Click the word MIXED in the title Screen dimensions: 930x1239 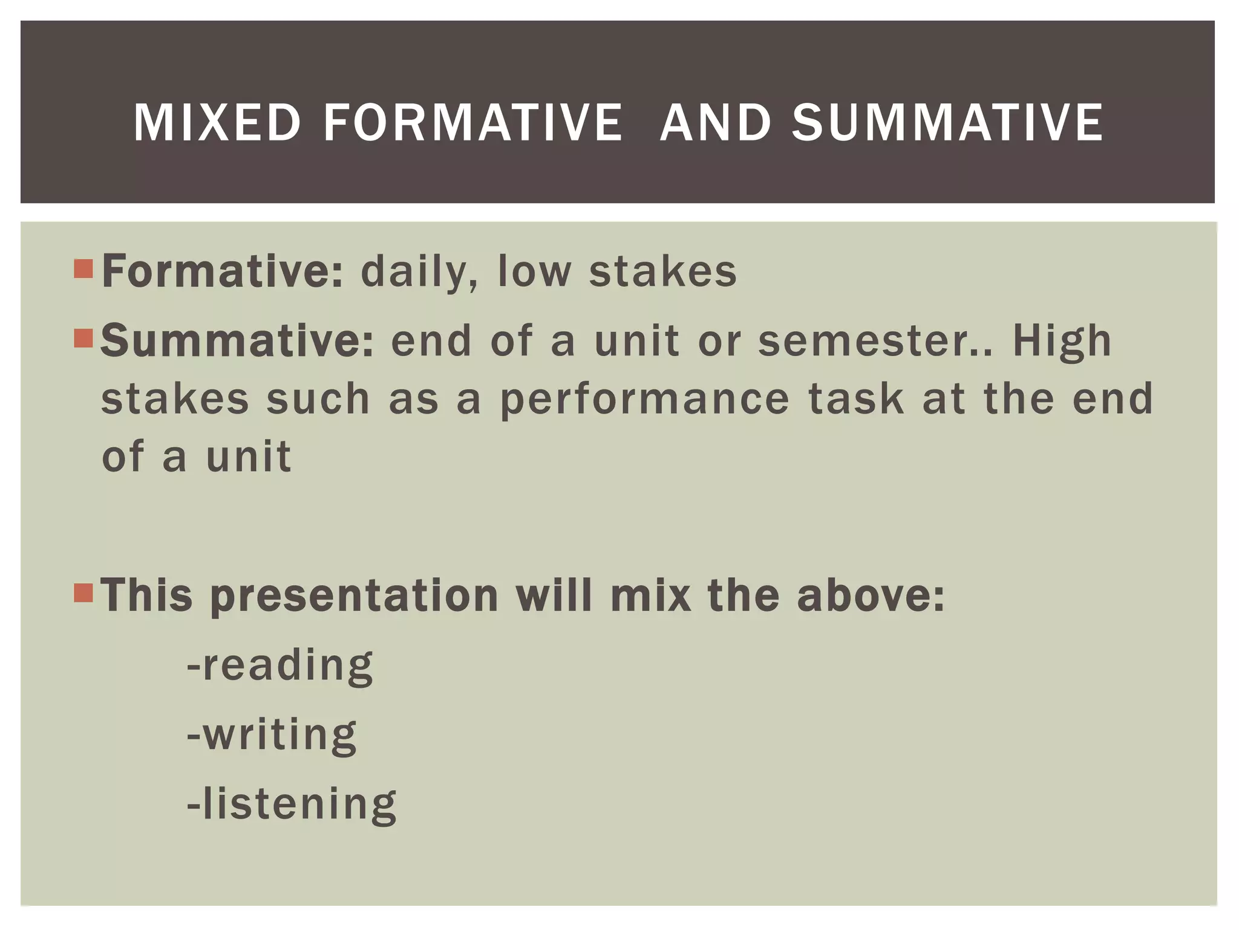217,123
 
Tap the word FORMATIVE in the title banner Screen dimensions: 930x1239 472,123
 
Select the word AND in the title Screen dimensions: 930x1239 715,123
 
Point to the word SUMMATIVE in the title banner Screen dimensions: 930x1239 947,123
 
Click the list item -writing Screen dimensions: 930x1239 272,735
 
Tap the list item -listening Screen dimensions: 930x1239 292,804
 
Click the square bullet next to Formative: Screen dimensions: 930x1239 83,269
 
